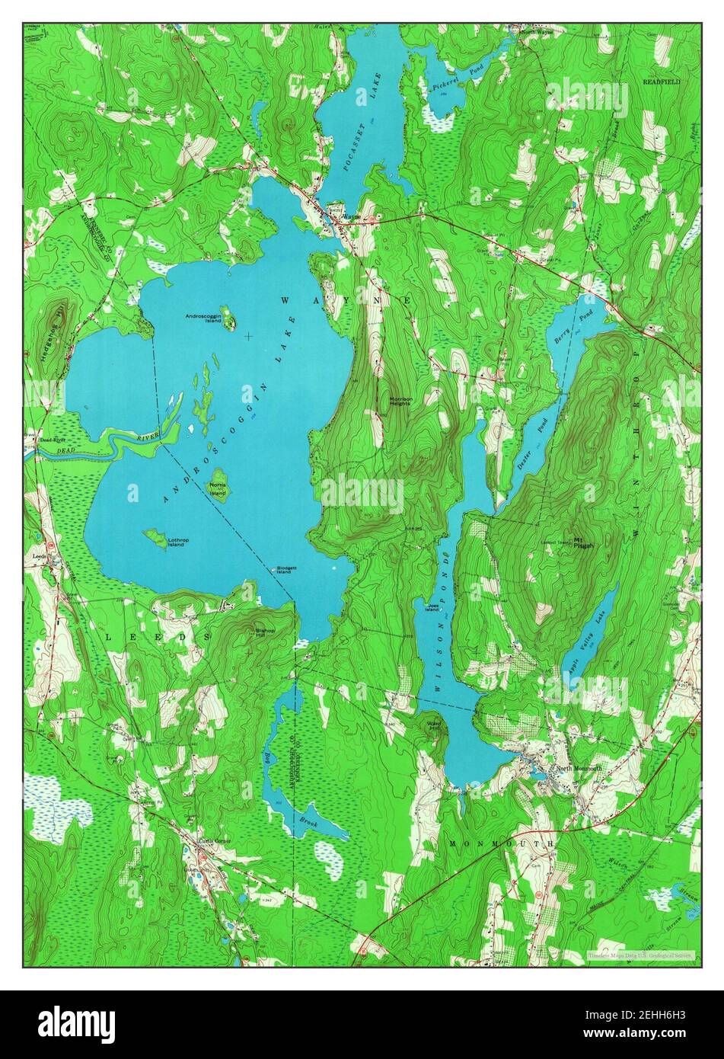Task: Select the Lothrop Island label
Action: (x=176, y=542)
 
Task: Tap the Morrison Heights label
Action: (x=400, y=400)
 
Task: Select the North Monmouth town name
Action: (x=579, y=769)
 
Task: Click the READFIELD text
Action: (x=661, y=80)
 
